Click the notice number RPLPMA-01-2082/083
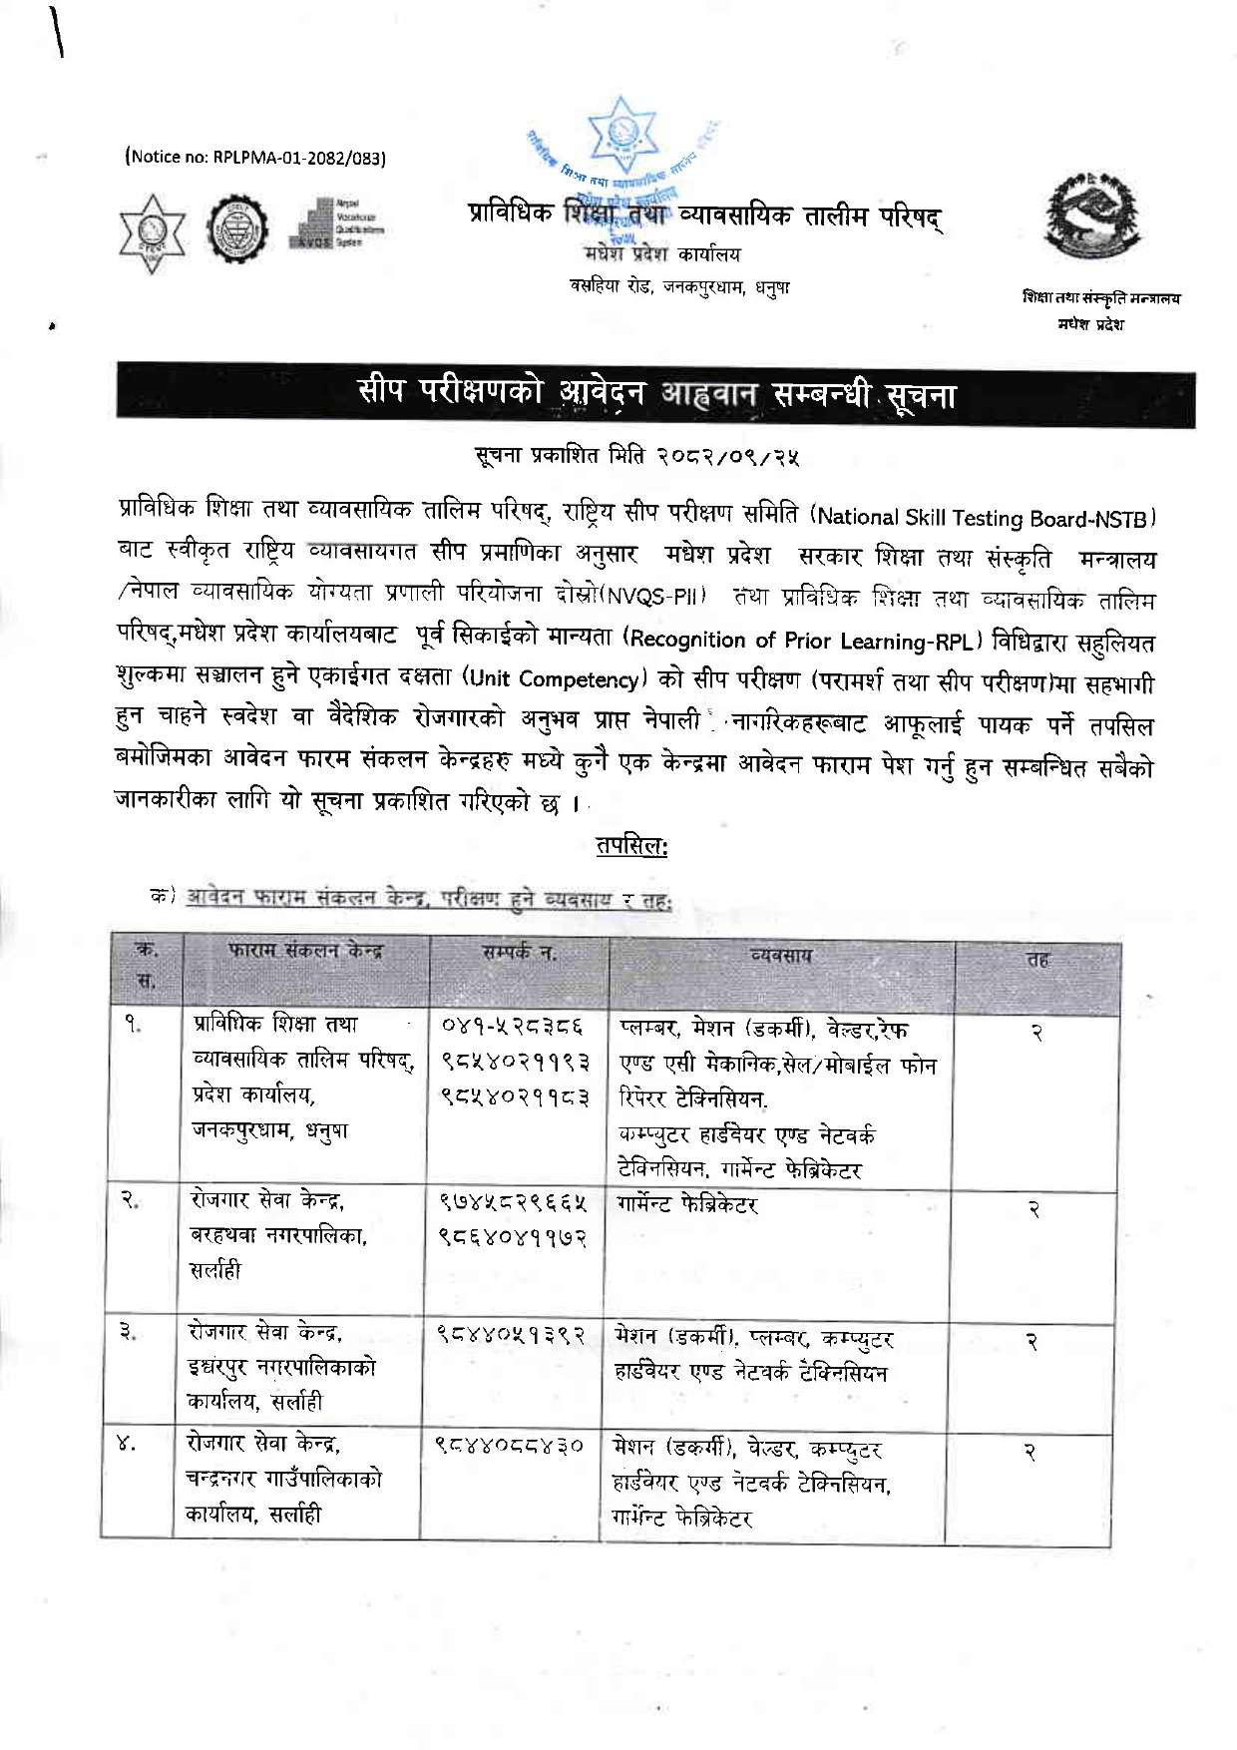[254, 157]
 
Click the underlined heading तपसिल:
[631, 846]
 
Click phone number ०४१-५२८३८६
[514, 1026]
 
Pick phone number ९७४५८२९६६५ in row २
[514, 1205]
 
